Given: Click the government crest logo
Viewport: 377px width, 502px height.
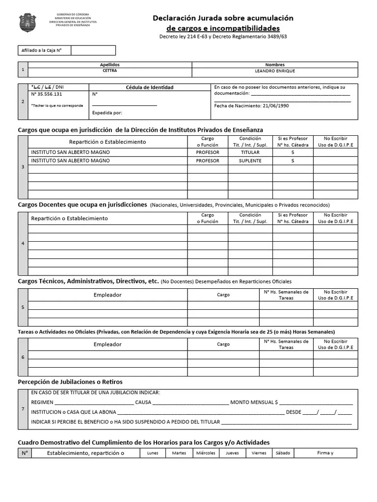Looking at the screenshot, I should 27,23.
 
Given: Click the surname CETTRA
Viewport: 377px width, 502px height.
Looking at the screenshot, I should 109,71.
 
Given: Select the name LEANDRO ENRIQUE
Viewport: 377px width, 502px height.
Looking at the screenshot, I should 274,71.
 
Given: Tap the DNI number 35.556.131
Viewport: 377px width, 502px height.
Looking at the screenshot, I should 47,94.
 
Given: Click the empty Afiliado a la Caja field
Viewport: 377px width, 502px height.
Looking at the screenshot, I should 93,50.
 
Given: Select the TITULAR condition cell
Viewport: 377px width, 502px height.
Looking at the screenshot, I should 250,152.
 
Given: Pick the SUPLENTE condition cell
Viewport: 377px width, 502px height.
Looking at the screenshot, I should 250,161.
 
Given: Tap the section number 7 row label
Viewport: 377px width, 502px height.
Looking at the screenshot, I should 23,409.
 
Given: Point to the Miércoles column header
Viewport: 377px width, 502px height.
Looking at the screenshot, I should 206,453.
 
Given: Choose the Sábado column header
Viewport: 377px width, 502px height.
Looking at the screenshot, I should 283,453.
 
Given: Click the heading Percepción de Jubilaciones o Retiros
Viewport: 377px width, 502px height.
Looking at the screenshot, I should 70,381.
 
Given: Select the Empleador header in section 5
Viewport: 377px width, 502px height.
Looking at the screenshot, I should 108,295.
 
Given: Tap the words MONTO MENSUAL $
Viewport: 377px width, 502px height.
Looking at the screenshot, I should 256,402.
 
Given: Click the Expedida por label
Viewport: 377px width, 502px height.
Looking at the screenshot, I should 107,113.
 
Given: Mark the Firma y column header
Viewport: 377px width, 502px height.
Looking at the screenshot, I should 325,453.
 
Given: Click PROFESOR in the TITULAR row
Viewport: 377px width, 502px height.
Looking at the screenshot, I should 207,152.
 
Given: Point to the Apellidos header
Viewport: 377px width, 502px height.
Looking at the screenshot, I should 109,65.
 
